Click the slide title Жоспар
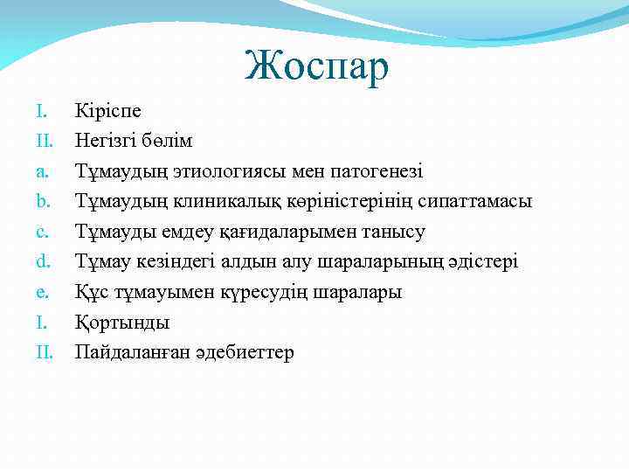point(316,67)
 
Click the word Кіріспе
point(108,111)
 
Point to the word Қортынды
point(122,323)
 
